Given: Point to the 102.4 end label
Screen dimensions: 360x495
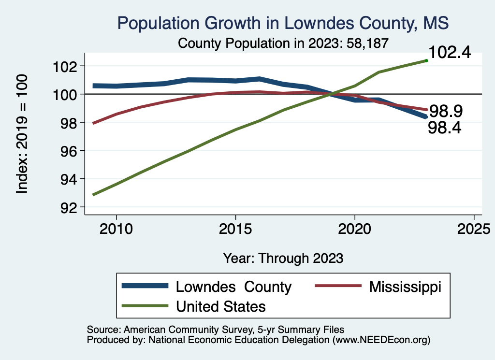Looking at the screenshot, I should [x=450, y=53].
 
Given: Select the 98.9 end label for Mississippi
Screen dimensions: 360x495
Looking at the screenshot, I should [x=446, y=112].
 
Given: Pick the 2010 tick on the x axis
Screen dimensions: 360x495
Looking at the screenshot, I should [x=116, y=228].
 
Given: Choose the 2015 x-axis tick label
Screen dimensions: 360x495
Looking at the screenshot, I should [x=235, y=228].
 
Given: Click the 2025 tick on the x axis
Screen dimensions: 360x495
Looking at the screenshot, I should [x=474, y=228].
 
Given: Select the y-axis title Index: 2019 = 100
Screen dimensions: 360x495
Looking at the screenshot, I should [x=22, y=134].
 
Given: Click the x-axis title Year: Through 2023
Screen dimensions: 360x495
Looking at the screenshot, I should [x=283, y=258].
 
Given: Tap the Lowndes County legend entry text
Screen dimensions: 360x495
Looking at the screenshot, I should [x=233, y=287].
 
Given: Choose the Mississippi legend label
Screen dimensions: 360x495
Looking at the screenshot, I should [x=405, y=287].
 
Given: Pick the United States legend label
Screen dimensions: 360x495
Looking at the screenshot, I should [x=220, y=306].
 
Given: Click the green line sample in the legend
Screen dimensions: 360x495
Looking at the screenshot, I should [x=145, y=306].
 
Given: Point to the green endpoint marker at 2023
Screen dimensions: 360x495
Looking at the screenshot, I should [x=426, y=60].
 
